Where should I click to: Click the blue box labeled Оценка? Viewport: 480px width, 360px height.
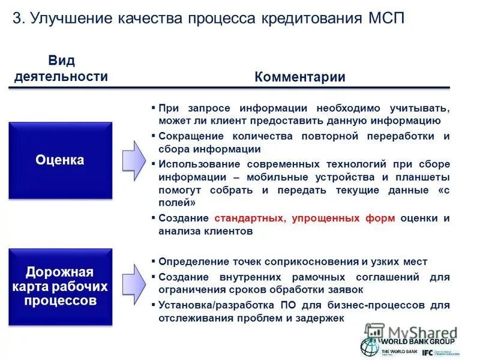pos(60,160)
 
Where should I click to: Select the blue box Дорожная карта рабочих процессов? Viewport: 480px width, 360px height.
pos(60,287)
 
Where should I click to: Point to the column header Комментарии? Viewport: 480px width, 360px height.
pos(299,77)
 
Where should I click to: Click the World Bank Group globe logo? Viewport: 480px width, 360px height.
pos(369,346)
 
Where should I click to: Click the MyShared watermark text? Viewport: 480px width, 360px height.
pos(420,332)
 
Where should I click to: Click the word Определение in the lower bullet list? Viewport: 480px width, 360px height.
pos(191,262)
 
